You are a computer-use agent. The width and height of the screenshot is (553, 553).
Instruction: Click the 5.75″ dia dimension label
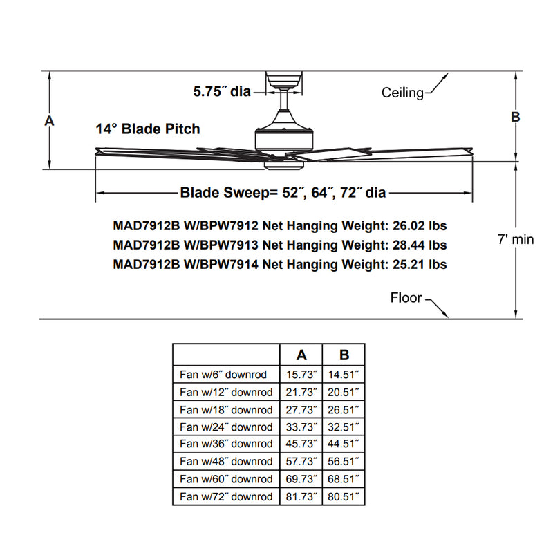(221, 91)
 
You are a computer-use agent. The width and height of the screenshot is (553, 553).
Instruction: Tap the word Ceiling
(402, 93)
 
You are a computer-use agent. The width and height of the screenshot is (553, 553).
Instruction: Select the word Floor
(406, 298)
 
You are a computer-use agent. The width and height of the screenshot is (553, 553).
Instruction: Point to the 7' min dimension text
(516, 240)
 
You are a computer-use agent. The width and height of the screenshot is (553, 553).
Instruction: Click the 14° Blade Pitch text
(148, 129)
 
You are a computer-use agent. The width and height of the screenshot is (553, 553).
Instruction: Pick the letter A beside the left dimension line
(49, 121)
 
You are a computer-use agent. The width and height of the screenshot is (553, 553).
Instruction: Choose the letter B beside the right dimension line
(515, 118)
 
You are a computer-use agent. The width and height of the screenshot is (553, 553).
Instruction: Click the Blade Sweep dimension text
(283, 193)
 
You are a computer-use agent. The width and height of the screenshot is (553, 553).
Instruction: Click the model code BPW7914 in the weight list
(228, 264)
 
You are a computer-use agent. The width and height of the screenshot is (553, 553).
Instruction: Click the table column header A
(302, 355)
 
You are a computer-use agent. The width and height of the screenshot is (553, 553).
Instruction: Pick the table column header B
(344, 355)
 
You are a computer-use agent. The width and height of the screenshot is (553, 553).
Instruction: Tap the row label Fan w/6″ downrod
(225, 375)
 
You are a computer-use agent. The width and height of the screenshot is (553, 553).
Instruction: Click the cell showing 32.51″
(344, 427)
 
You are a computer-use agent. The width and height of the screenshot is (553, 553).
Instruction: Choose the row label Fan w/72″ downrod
(225, 497)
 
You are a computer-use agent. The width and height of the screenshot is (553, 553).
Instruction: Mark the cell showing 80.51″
(344, 497)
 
